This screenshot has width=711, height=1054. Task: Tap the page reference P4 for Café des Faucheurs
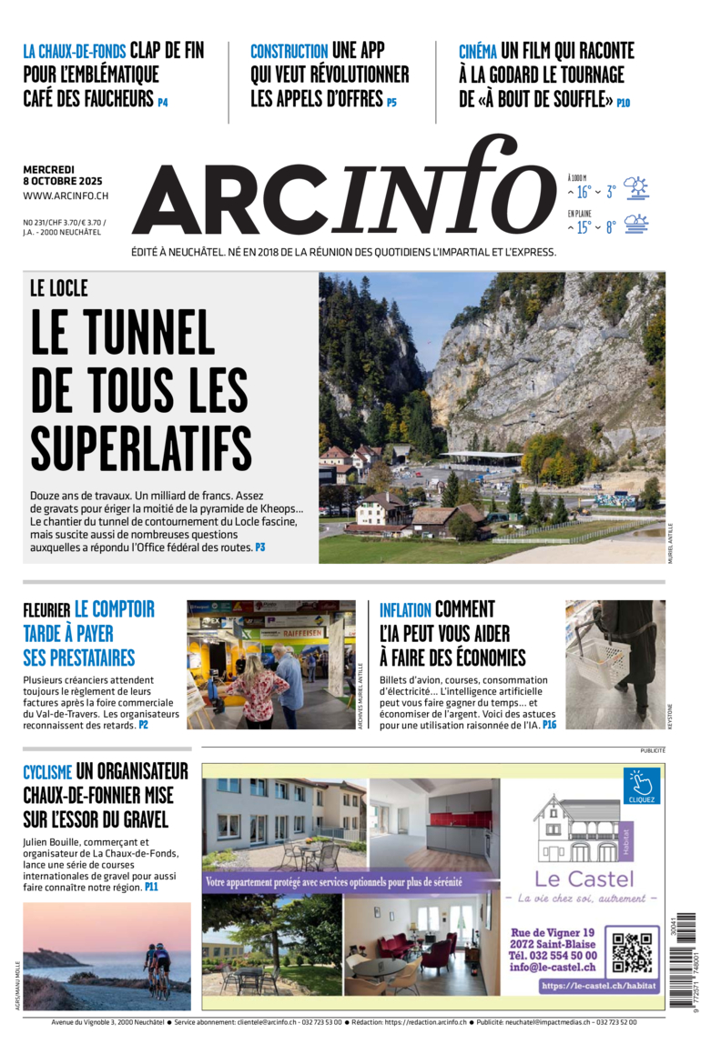coord(163,103)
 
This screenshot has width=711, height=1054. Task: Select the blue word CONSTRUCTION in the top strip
coord(289,52)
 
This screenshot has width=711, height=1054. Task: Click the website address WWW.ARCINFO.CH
coord(66,196)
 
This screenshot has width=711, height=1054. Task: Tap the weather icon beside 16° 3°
coord(635,188)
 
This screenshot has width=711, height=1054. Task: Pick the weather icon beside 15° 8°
coord(635,224)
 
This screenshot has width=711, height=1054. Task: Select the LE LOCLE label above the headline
coord(59,288)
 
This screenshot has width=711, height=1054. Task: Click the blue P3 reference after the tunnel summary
coord(259,547)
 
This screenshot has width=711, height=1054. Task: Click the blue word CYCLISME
coord(47,773)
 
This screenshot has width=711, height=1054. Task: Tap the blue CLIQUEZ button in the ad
coord(641,787)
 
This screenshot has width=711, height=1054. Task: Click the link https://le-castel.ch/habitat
coord(597,985)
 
